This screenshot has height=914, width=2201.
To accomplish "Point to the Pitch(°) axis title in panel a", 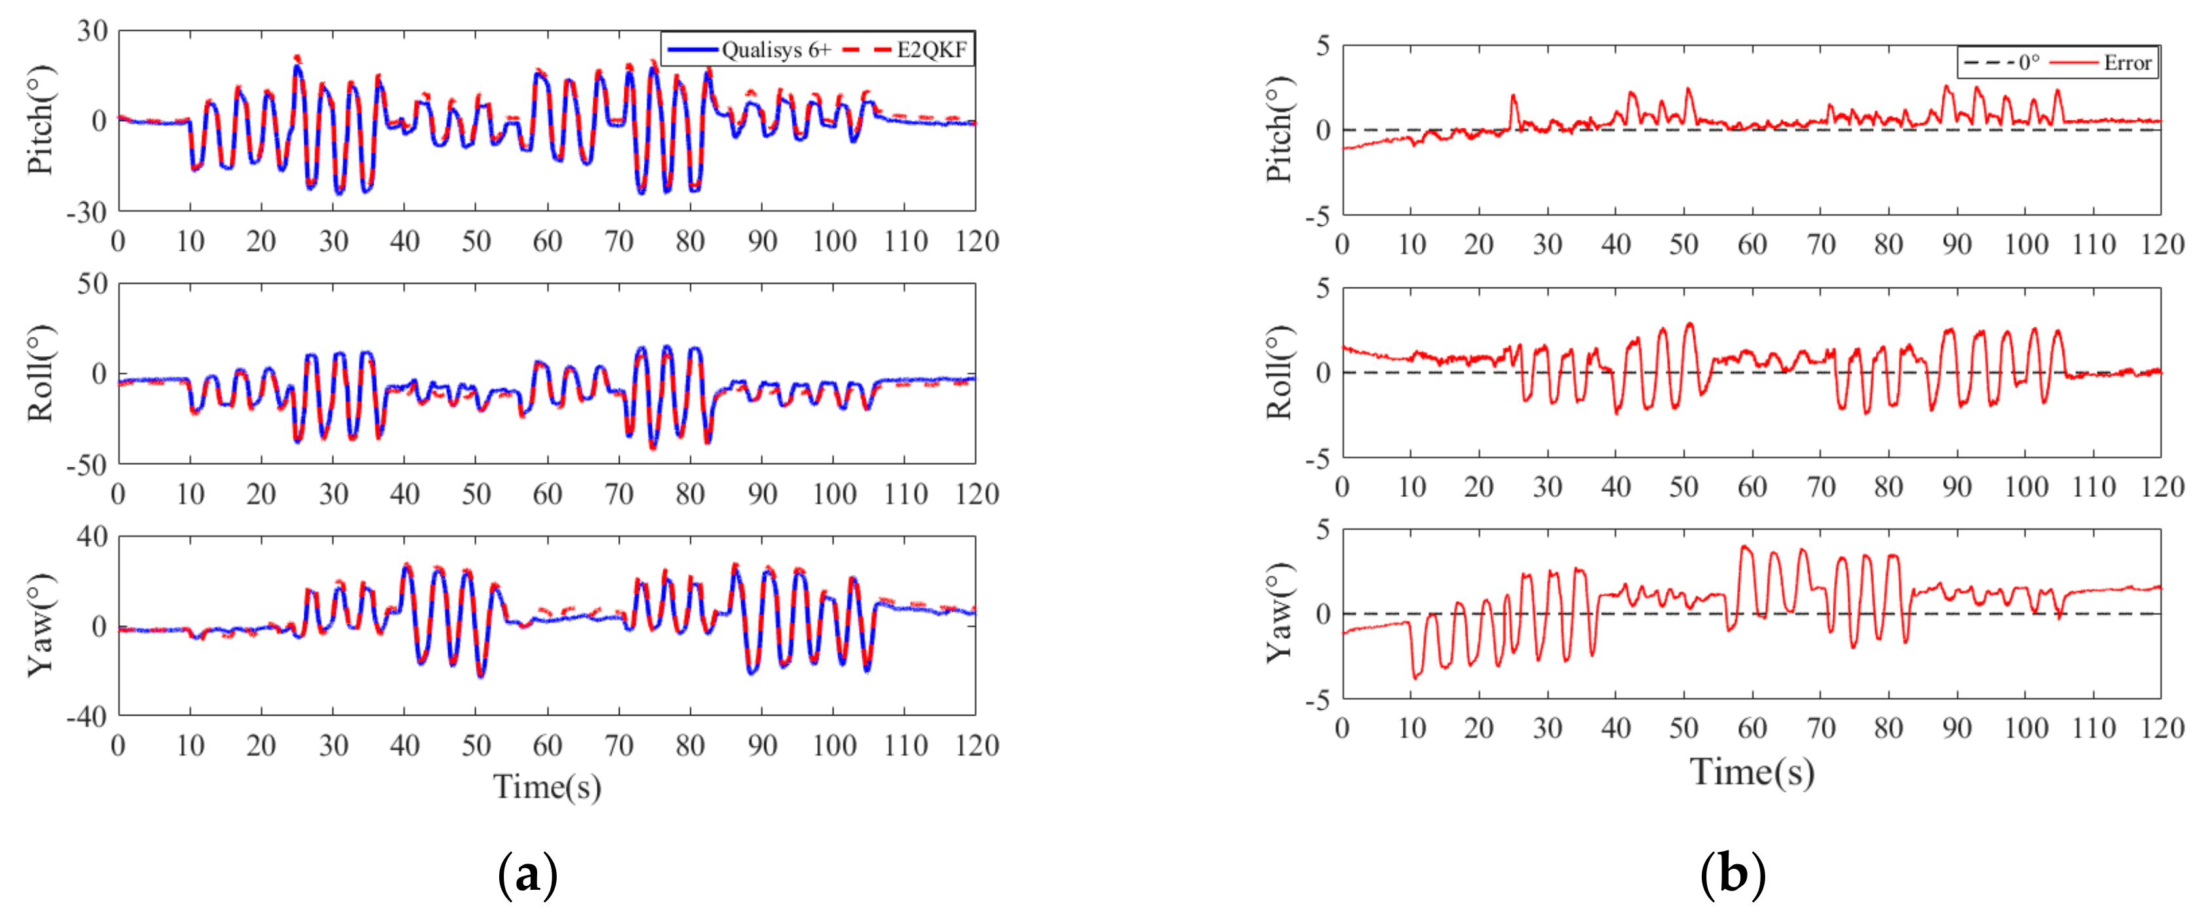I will pos(40,120).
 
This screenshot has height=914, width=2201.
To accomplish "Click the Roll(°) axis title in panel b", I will pos(1278,373).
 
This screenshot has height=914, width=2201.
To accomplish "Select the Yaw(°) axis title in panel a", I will pos(40,625).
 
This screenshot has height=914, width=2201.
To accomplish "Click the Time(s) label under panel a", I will pos(547,786).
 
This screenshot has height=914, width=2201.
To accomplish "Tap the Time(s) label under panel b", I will pos(1752,771).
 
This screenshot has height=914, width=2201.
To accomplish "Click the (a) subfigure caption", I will pos(527,875).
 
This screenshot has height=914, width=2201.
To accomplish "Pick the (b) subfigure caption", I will pos(1732,875).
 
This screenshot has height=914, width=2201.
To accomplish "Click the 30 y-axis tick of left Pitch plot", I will pos(92,31).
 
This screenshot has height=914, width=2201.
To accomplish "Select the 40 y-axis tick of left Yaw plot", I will pos(92,536).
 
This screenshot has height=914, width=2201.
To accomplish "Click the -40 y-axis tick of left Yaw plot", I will pos(86,716).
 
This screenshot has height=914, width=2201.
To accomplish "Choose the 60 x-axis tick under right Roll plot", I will pos(1752,487).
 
